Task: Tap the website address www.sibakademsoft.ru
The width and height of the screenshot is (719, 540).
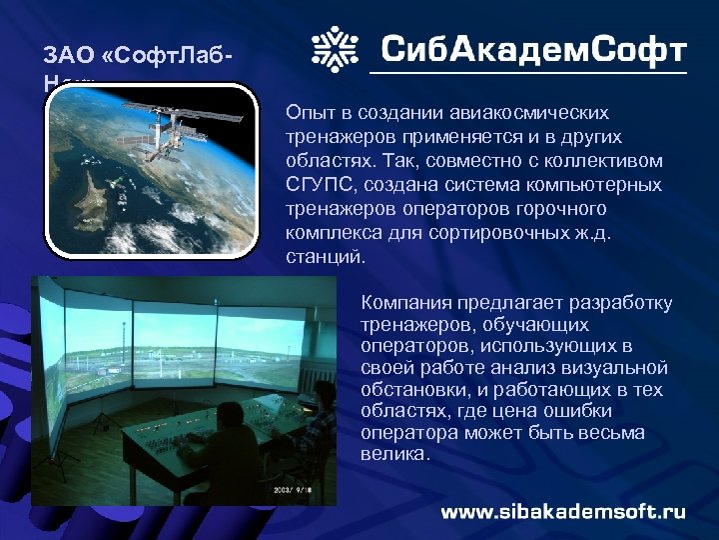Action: click(563, 511)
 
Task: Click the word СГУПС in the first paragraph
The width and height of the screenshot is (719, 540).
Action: click(315, 185)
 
